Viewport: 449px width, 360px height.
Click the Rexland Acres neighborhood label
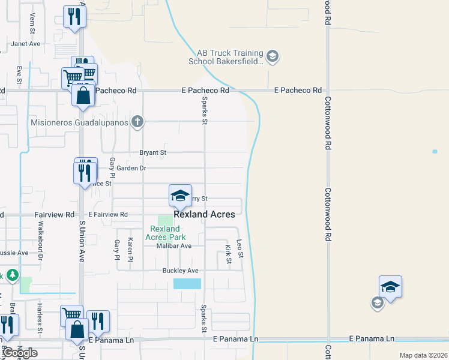click(204, 214)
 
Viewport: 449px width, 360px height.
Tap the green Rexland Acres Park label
click(165, 233)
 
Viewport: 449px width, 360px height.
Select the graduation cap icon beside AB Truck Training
click(272, 57)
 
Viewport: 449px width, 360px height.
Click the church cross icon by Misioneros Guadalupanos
click(137, 122)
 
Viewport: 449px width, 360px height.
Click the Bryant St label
click(152, 153)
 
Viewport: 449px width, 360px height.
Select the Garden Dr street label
click(131, 169)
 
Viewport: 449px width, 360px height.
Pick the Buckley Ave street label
click(181, 271)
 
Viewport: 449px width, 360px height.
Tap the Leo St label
click(240, 249)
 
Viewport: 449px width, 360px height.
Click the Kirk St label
click(228, 254)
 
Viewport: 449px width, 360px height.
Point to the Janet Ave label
click(26, 44)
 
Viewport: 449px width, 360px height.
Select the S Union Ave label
click(82, 241)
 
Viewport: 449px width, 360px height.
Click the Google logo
click(20, 352)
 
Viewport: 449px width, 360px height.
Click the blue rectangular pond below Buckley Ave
click(187, 284)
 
